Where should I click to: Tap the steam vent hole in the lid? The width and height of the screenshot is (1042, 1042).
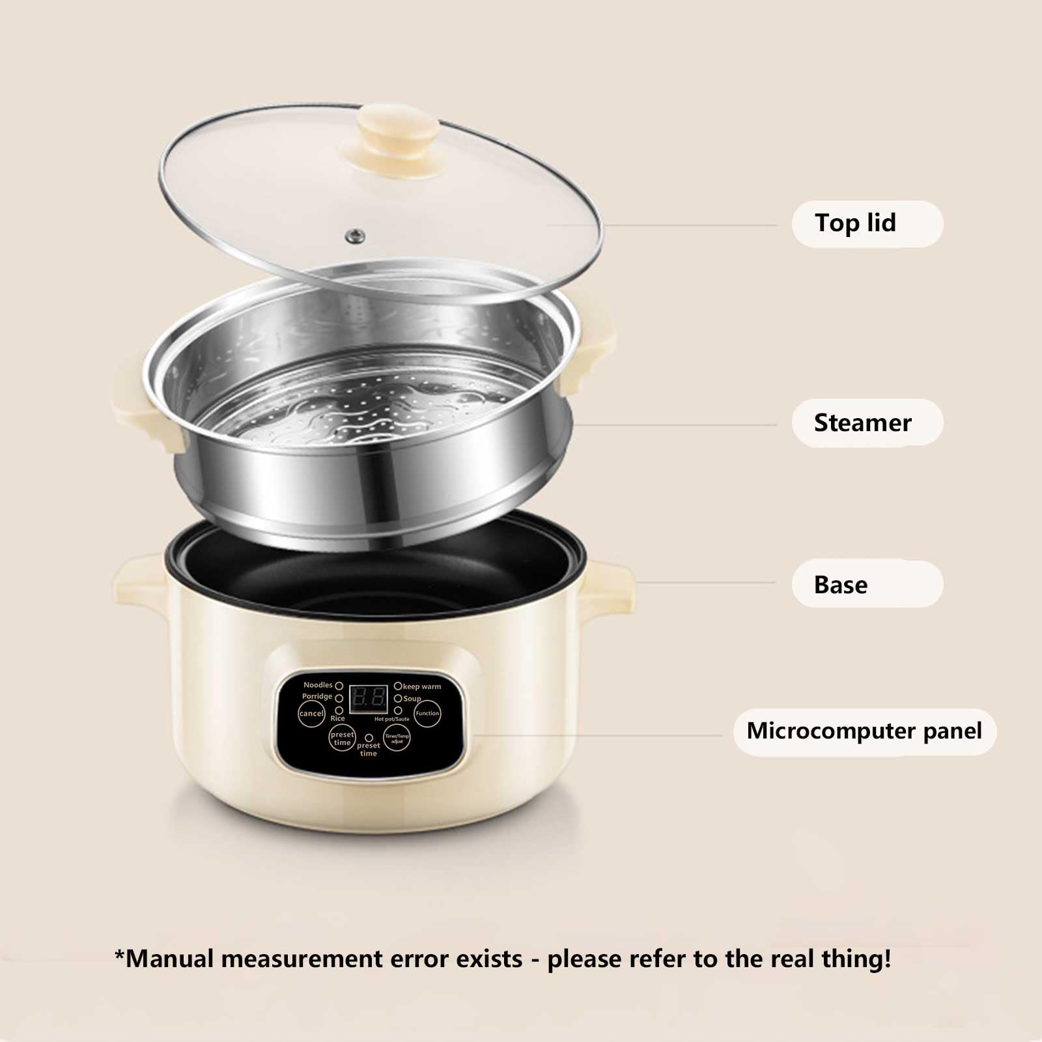point(354,235)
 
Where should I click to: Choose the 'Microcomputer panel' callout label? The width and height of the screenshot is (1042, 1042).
point(864,731)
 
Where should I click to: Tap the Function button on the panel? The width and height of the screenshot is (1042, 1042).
point(427,713)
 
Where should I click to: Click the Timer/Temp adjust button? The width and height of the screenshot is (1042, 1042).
point(397,739)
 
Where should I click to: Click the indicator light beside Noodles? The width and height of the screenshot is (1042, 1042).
point(339,686)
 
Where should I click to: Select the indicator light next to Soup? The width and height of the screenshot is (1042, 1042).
point(398,698)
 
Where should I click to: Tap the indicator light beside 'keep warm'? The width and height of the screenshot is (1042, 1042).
point(398,686)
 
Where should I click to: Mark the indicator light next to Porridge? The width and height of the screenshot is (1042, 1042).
point(339,697)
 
